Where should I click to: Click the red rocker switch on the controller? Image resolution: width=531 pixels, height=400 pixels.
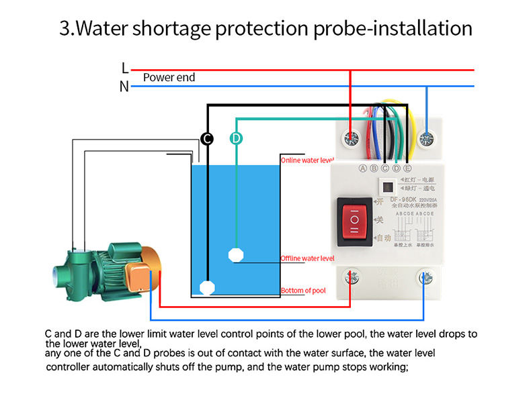pos(354,219)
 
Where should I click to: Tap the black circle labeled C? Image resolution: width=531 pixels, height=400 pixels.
pos(208,138)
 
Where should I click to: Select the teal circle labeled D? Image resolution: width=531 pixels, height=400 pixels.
pos(236,138)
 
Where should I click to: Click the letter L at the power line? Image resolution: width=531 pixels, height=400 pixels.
pos(124,68)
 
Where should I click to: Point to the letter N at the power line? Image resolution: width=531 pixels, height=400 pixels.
pos(124,86)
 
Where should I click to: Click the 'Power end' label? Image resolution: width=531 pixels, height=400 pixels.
pos(169,78)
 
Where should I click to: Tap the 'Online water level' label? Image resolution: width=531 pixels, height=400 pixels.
pos(307,160)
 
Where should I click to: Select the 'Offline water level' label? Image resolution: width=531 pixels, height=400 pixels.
pos(307,258)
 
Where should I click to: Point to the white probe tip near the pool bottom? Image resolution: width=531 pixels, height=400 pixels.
pos(208,288)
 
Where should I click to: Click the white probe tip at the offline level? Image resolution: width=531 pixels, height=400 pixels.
pos(235,254)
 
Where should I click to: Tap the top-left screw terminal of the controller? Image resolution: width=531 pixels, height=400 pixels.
pos(350,140)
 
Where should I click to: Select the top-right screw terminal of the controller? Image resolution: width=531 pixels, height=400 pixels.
pos(425,140)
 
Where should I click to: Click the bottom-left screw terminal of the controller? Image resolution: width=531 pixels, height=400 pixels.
pos(350,277)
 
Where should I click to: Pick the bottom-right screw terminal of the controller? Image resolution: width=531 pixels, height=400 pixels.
pos(424,277)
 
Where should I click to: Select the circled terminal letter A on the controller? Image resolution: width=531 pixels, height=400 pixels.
pos(363,168)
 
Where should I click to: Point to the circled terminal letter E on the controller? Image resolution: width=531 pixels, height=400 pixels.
pos(407,168)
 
